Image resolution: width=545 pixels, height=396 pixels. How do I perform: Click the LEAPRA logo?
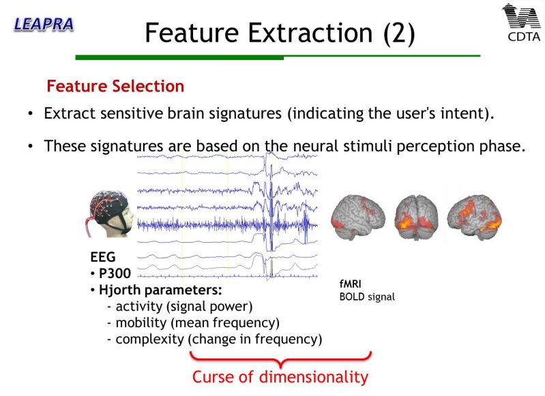click(44, 25)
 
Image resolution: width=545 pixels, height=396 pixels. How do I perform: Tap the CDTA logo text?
click(524, 37)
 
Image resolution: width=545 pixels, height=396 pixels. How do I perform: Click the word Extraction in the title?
click(310, 33)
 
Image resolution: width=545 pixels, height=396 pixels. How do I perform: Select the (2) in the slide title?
click(399, 33)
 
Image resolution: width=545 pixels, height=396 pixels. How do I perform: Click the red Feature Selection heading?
click(115, 86)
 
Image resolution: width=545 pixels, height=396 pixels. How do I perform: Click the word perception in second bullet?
click(436, 147)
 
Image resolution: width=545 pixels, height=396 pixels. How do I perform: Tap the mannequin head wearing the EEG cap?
click(109, 213)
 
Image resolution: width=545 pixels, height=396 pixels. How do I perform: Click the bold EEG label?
click(103, 257)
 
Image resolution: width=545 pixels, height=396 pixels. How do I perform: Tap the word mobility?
click(141, 322)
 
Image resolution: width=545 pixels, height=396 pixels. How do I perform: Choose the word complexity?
click(150, 339)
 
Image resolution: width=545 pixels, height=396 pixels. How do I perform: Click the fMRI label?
click(351, 284)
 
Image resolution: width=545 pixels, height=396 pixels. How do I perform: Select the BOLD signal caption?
click(367, 297)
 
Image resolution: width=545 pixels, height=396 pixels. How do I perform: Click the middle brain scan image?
click(416, 217)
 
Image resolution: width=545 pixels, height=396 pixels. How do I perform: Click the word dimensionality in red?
click(314, 377)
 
